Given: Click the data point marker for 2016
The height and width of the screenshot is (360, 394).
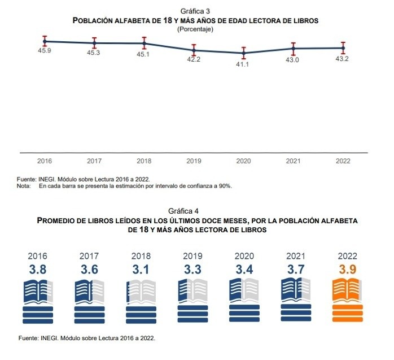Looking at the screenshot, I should pos(44,41).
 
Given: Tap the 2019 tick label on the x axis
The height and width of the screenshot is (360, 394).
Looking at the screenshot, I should pos(194,161).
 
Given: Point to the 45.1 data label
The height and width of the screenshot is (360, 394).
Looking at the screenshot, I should pos(143,54).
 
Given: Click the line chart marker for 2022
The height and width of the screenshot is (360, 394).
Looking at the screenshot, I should pos(343,47).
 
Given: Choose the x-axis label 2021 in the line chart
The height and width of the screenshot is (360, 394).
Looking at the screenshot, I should pos(293,161).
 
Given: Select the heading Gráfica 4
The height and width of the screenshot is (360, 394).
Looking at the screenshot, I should pos(196,211).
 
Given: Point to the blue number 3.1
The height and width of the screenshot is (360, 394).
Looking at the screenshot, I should pos(141,270).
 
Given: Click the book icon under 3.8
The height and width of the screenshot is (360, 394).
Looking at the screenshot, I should pos(37,300).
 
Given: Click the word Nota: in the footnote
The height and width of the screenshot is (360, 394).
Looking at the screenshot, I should pos(24,185).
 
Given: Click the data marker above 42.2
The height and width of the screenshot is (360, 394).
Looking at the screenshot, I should pos(194,50).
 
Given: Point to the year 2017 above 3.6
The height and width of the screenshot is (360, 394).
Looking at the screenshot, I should pos(89,256).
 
